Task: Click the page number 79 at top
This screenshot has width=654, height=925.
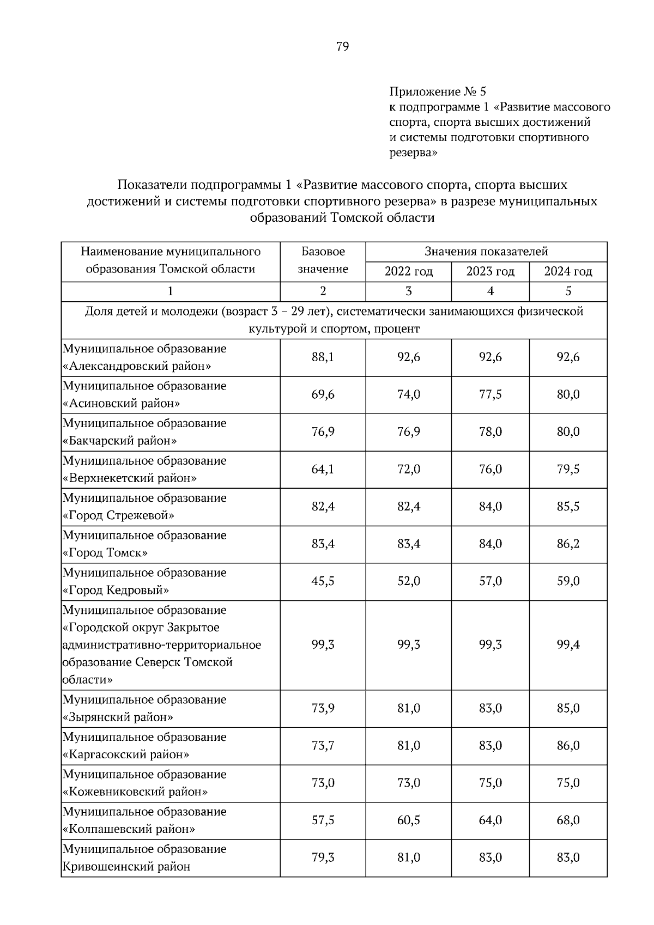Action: (x=342, y=46)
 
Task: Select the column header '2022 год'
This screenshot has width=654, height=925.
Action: (x=408, y=271)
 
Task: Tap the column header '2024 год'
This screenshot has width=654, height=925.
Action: (x=568, y=271)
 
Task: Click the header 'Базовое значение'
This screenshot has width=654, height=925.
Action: (x=323, y=260)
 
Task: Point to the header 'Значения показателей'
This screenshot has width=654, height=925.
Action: (x=486, y=252)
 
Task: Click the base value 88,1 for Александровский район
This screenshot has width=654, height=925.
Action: (x=323, y=357)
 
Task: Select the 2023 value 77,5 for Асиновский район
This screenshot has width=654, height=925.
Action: (x=490, y=394)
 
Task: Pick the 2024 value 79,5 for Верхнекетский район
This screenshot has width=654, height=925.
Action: (x=568, y=469)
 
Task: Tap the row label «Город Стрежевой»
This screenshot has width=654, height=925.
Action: (x=118, y=515)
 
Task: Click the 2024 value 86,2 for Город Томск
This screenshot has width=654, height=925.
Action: (x=568, y=544)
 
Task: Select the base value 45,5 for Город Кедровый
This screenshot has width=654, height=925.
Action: (x=323, y=581)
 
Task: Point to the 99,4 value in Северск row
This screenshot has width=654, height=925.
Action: (x=568, y=645)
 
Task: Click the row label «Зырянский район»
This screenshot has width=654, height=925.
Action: (x=118, y=717)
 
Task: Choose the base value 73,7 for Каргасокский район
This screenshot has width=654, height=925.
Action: (x=323, y=746)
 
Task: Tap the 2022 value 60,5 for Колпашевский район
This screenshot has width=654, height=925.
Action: (x=408, y=820)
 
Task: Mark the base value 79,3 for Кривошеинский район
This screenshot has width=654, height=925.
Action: (x=323, y=857)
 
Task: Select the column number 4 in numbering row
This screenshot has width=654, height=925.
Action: (x=490, y=291)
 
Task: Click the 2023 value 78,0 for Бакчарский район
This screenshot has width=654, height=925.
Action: (x=490, y=432)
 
